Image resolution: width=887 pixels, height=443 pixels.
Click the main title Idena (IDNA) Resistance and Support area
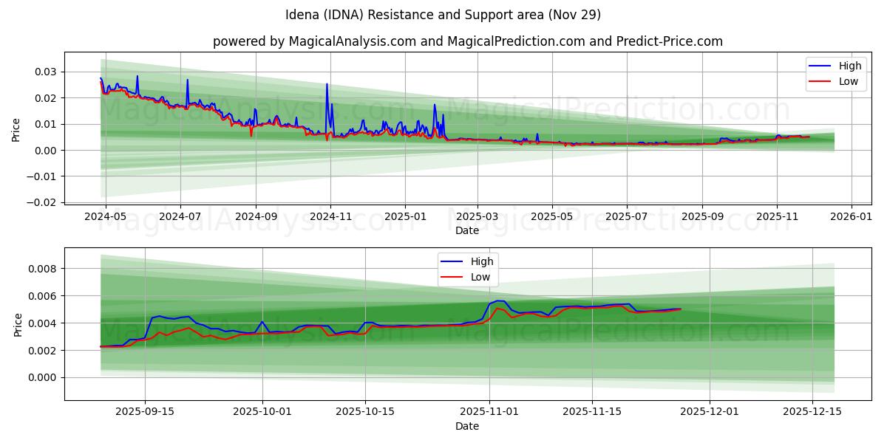(443, 15)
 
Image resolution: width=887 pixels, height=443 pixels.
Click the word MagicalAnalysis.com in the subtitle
(336, 41)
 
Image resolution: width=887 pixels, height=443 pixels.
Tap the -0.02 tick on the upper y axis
(41, 202)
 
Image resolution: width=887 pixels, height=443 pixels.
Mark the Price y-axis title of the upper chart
(16, 130)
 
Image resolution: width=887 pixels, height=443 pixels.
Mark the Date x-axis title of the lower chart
(466, 426)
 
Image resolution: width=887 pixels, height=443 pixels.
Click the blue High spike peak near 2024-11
(327, 84)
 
